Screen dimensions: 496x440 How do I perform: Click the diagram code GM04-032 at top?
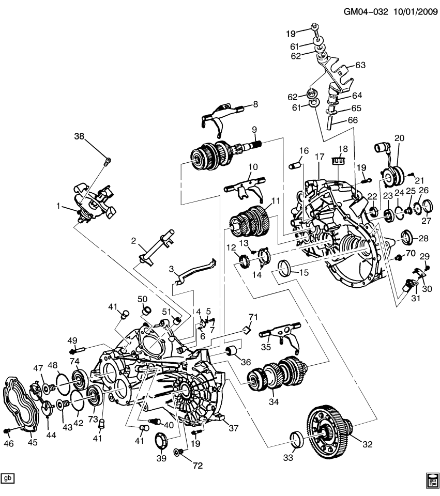[360, 10]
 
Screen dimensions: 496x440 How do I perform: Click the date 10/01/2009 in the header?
[411, 10]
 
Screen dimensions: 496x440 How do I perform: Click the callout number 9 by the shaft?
[254, 129]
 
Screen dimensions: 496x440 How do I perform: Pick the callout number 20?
[399, 138]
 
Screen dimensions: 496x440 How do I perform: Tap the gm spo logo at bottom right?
[432, 479]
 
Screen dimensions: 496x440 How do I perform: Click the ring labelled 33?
[297, 439]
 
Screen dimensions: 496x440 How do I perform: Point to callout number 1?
[59, 206]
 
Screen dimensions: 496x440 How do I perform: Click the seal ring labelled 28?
[406, 239]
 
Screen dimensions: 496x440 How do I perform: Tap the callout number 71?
[253, 316]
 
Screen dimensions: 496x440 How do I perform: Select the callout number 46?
[8, 443]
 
